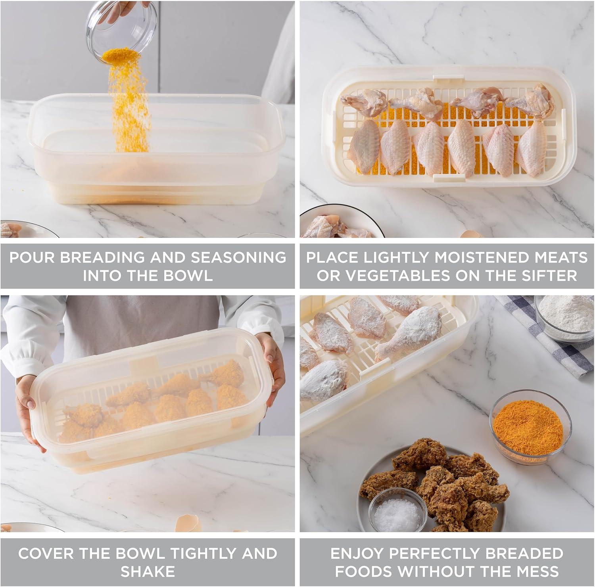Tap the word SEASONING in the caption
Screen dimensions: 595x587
(238, 257)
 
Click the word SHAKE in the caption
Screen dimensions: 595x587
(148, 572)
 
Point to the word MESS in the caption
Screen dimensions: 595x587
(536, 572)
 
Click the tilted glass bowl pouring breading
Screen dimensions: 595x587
(121, 30)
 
